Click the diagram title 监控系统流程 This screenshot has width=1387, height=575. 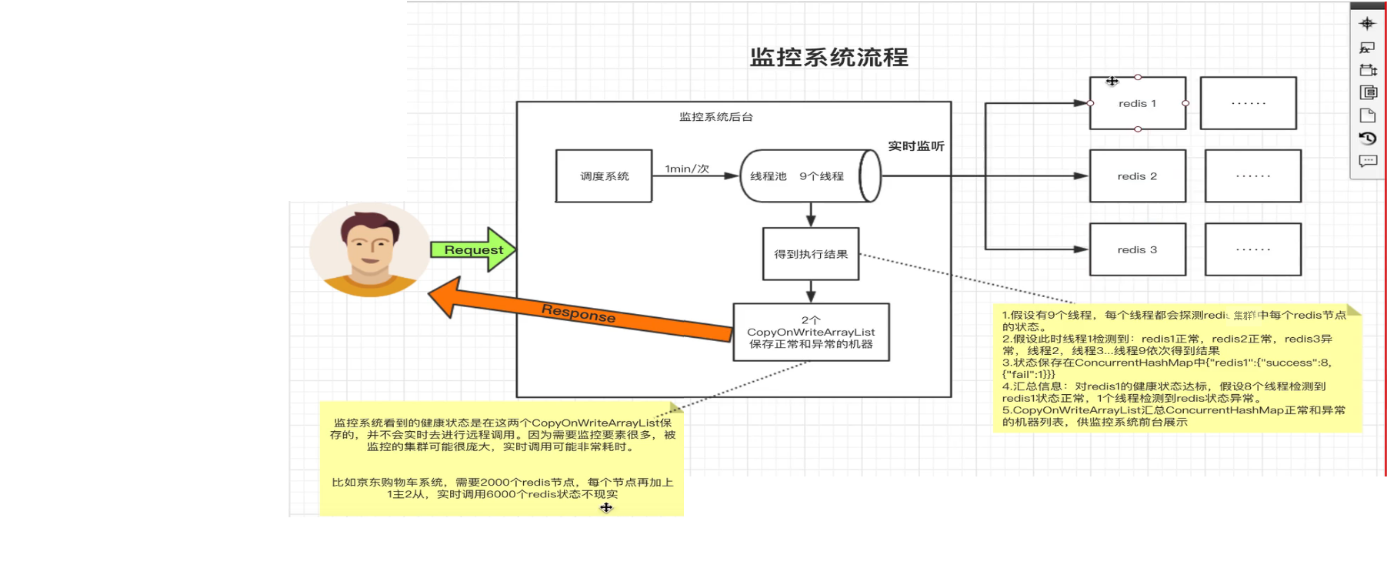(829, 58)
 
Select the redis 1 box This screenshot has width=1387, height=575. (1137, 103)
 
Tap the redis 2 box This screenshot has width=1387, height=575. (1137, 176)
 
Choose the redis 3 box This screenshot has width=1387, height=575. (1137, 249)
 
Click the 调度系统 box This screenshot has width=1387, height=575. (604, 176)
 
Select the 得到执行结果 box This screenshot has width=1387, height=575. (811, 254)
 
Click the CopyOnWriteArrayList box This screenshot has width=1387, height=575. (811, 333)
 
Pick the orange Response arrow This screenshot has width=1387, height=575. (578, 313)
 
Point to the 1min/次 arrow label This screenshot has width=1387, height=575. (687, 169)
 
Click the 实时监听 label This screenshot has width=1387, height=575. (915, 146)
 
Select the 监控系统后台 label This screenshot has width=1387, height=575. (715, 117)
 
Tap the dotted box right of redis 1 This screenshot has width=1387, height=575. (1248, 103)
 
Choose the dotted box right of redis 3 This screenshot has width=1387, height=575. (1252, 249)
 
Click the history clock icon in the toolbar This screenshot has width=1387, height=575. (1367, 139)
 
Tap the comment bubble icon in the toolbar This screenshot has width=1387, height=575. (1367, 161)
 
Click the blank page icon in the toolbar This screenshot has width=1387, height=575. (1367, 115)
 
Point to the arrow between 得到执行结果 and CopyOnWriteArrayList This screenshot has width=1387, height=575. (811, 292)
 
